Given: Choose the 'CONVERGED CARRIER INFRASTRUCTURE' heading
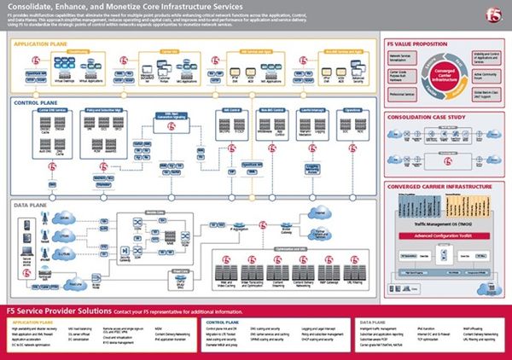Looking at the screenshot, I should (434, 183).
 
